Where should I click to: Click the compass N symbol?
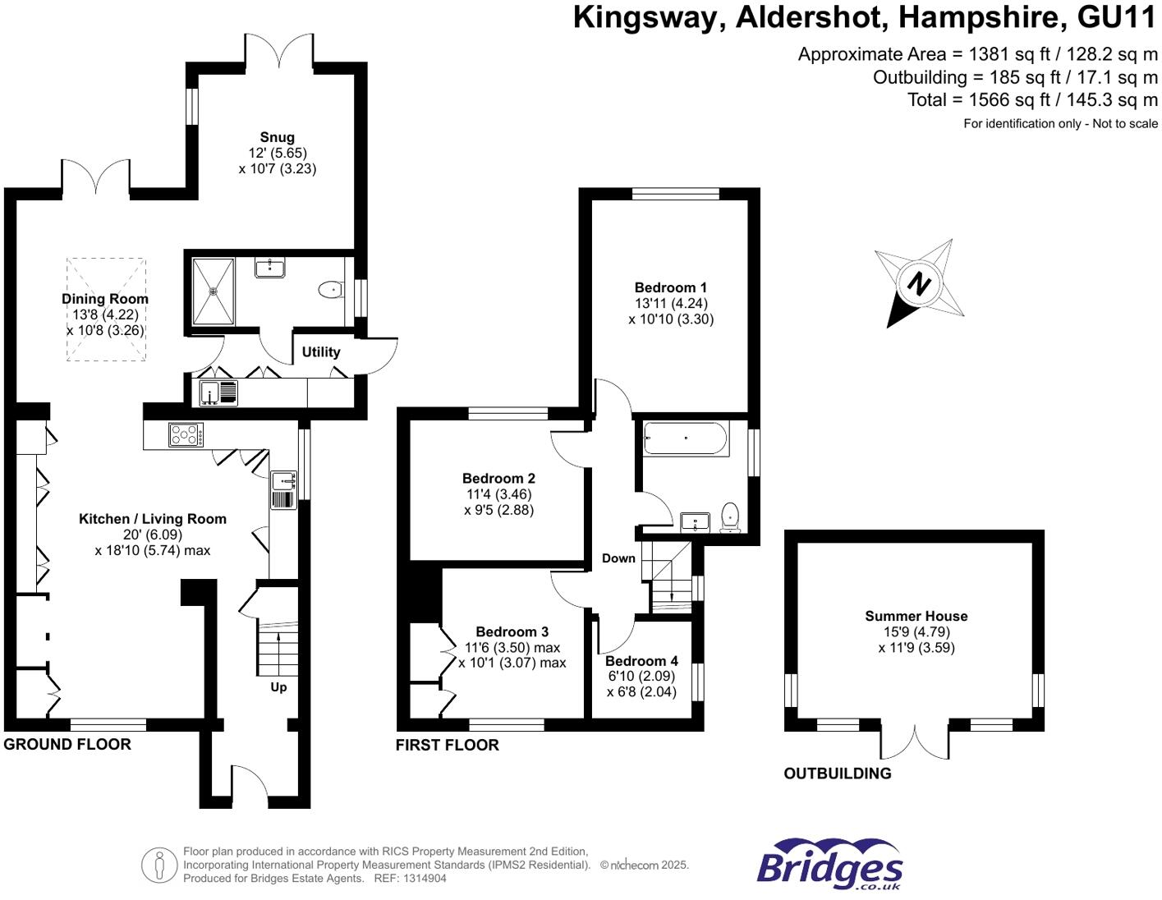tap(918, 283)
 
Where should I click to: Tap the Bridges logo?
tap(829, 866)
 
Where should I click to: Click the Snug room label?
tap(277, 137)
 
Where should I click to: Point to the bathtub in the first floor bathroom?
tap(685, 439)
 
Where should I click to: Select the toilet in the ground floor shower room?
tap(331, 289)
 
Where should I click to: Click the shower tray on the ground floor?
tap(214, 291)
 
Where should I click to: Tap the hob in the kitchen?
tap(186, 434)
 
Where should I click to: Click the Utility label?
tap(320, 351)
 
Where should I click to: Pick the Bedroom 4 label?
tap(641, 661)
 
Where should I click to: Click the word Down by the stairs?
tap(618, 558)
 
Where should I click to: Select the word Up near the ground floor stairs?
tap(278, 686)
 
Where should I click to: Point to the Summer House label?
tap(916, 616)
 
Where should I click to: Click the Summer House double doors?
tap(914, 742)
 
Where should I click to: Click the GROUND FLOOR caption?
tap(67, 744)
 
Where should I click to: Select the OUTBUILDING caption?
tap(837, 773)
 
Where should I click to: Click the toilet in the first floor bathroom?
tap(729, 518)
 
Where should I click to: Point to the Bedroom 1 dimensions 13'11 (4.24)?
tap(671, 303)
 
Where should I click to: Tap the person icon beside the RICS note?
tap(158, 865)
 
